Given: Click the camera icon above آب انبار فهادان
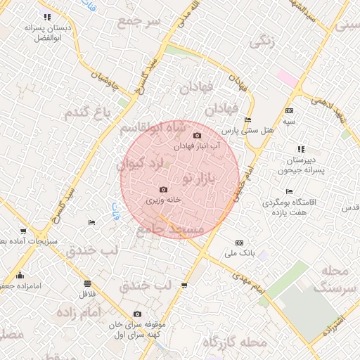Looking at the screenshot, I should (x=197, y=135).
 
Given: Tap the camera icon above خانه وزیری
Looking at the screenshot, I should (x=164, y=189).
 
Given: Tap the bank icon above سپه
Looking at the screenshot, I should (x=290, y=111).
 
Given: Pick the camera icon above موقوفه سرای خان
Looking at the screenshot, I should (x=137, y=314).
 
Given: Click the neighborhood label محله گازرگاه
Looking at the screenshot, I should (x=235, y=342).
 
